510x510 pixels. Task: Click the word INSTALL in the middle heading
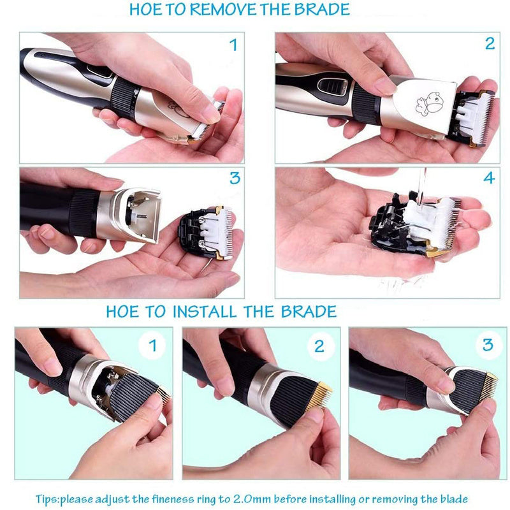point(205,312)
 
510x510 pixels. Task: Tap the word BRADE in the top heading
point(322,9)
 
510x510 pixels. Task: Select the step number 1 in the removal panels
point(233,45)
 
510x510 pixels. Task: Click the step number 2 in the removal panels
point(490,43)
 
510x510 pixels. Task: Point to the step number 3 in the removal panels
point(235,178)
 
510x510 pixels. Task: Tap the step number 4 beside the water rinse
point(489,178)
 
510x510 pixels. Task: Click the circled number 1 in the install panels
point(152,345)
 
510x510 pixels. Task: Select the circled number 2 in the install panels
point(319,346)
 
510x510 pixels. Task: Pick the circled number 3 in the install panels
point(488,344)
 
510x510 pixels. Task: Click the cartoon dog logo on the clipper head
point(428,104)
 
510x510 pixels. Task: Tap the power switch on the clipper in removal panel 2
point(331,86)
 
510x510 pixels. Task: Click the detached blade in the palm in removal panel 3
point(205,232)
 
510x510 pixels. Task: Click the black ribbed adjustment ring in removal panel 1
point(124,97)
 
